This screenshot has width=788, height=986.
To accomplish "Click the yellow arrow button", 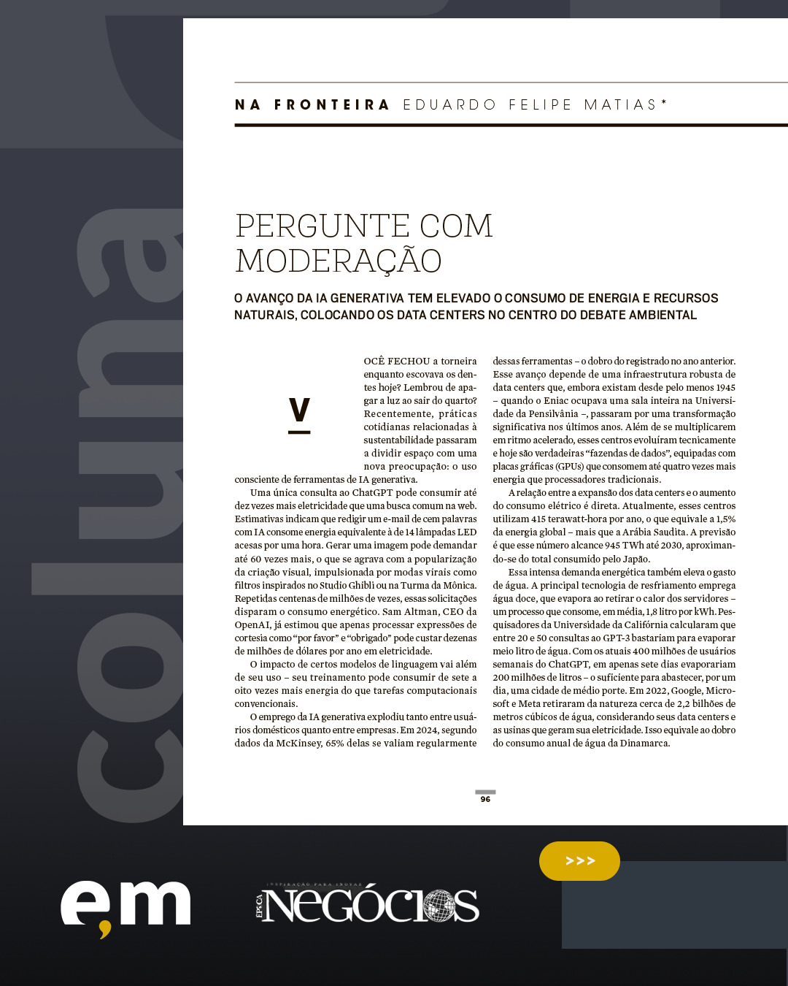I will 579,861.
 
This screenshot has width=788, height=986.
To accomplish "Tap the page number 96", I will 485,799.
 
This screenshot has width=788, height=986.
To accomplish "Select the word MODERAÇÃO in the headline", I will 339,261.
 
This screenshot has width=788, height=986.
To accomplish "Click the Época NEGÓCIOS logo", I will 368,905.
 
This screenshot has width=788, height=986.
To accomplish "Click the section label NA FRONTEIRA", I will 312,105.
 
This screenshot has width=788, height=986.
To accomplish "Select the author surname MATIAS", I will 621,105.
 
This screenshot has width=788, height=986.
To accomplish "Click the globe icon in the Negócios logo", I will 439,906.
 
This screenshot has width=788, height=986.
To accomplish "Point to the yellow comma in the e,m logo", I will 105,930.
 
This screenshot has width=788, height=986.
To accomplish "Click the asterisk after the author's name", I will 664,103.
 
